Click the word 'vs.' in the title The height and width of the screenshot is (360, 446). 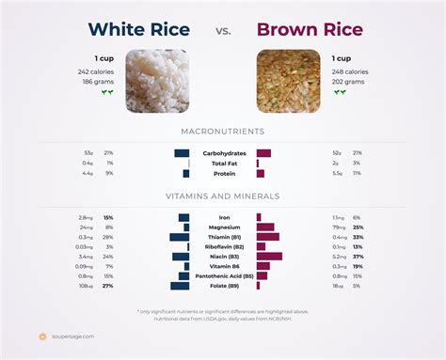pos(223,31)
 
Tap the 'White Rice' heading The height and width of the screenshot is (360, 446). pos(138,29)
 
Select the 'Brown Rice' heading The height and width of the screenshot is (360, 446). pos(311,29)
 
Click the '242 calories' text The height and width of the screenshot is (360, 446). pos(98,71)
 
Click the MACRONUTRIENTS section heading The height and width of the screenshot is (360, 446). pos(223,131)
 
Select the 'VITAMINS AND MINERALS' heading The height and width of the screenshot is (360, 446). pos(223,196)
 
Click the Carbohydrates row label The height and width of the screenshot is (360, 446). pos(223,152)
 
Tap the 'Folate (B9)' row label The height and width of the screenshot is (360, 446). pos(223,286)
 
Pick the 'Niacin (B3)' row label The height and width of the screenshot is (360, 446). pos(223,257)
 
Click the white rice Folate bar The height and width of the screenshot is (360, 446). pos(180,286)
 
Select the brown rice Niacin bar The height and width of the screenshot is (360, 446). pos(269,257)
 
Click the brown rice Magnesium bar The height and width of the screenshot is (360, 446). pos(265,227)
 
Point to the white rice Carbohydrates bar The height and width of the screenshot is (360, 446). pos(182,152)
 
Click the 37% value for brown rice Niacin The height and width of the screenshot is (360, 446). pos(358,257)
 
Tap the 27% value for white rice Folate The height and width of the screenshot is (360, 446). pos(108,286)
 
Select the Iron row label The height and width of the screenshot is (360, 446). pos(223,217)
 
